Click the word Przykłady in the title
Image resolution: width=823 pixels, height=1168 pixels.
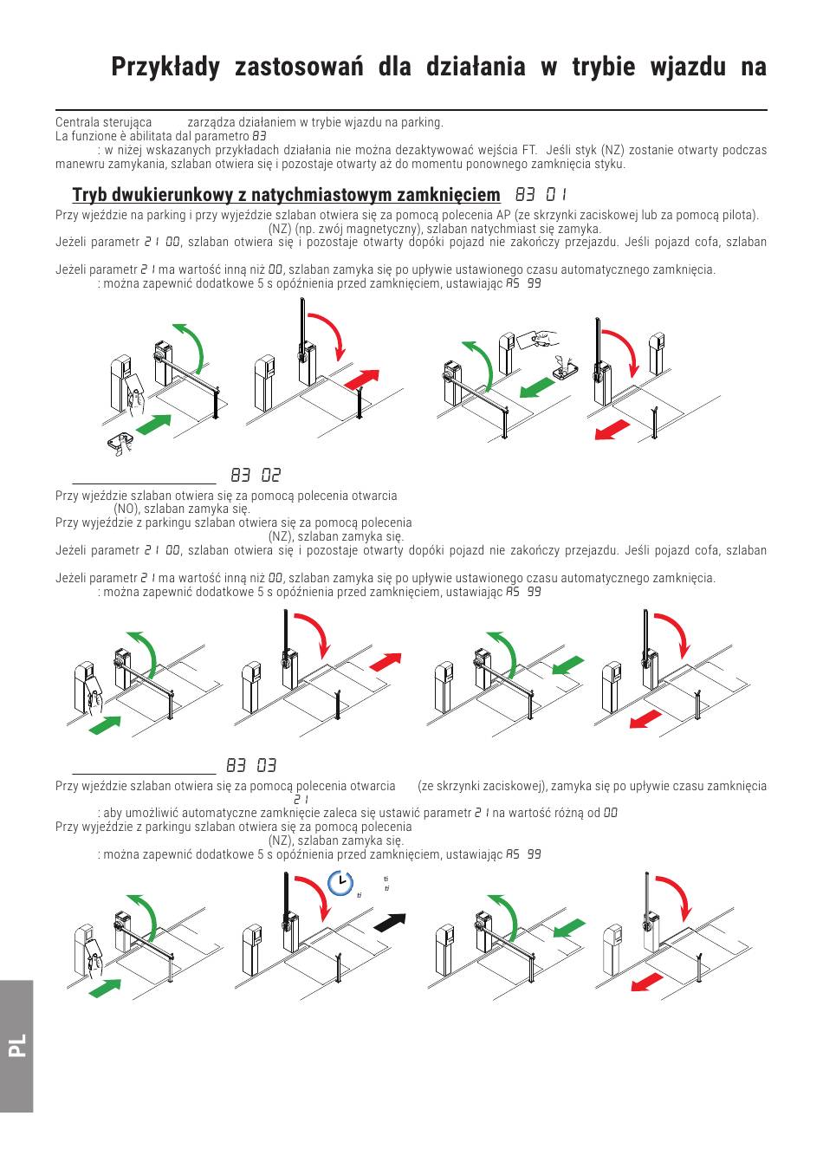click(x=165, y=68)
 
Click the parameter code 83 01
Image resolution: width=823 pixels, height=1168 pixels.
click(x=541, y=195)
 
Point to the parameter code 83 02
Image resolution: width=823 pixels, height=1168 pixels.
click(x=256, y=476)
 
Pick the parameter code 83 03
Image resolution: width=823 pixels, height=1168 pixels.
click(x=251, y=766)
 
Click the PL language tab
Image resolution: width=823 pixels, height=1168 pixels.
click(x=17, y=1045)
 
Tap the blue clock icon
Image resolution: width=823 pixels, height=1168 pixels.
click(x=341, y=882)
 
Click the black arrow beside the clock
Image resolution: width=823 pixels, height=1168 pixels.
click(x=390, y=922)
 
